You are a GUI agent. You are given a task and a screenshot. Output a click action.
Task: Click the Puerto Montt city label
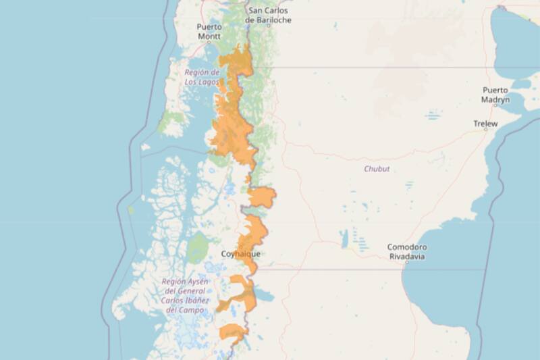point(209,31)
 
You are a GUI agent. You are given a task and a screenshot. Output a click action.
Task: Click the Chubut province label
point(377,169)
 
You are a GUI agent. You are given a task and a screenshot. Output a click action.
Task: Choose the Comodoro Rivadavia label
point(407,252)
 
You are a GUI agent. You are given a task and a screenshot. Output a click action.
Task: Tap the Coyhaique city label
point(240,254)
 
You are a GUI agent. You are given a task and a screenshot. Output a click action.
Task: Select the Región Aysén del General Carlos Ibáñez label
point(185,295)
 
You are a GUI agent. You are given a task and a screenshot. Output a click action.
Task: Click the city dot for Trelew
point(485,132)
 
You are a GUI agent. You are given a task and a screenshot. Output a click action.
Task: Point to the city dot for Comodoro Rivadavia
point(406,262)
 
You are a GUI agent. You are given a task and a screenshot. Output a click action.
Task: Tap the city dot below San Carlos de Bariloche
point(268,26)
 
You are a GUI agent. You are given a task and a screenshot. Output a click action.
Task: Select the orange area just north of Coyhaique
point(253,233)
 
